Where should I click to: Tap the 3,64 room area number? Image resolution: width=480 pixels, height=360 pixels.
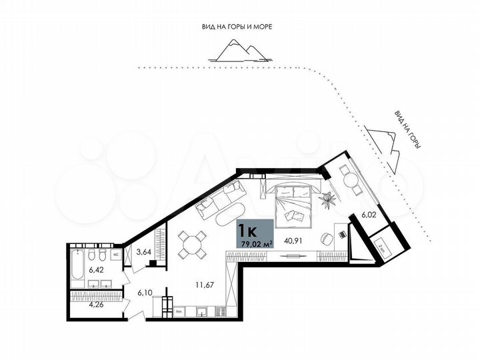pos(143,253)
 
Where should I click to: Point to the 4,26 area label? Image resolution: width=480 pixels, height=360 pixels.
pos(79,308)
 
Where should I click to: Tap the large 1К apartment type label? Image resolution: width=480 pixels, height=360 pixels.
pos(248,231)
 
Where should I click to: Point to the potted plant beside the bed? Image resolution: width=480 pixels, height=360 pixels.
pos(328,198)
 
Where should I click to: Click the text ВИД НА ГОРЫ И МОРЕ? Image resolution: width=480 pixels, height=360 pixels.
pos(238,27)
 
